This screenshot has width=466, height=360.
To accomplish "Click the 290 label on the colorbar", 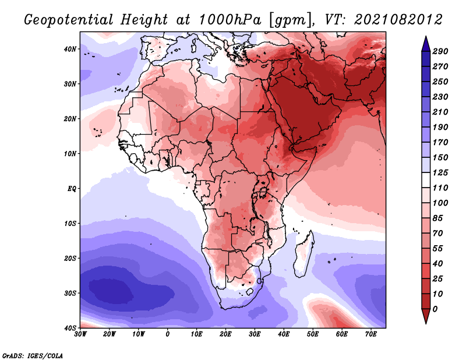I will (440, 52).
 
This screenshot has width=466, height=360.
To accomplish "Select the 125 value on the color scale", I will (440, 172).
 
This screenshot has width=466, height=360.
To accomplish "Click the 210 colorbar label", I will (440, 111).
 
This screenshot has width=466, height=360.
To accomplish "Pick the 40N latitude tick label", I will (69, 49).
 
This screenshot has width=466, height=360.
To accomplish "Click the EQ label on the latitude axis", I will (71, 189).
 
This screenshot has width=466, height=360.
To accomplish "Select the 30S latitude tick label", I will (69, 293).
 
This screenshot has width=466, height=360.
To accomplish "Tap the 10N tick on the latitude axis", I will (69, 154).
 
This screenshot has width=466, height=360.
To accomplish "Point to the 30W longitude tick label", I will (80, 334).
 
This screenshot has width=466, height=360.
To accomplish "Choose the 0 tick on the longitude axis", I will (168, 334).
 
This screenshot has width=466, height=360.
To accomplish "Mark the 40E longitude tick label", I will (284, 334).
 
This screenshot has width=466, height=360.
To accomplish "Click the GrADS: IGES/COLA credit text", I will (33, 355).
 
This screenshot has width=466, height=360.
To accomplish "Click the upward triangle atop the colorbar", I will (426, 43).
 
